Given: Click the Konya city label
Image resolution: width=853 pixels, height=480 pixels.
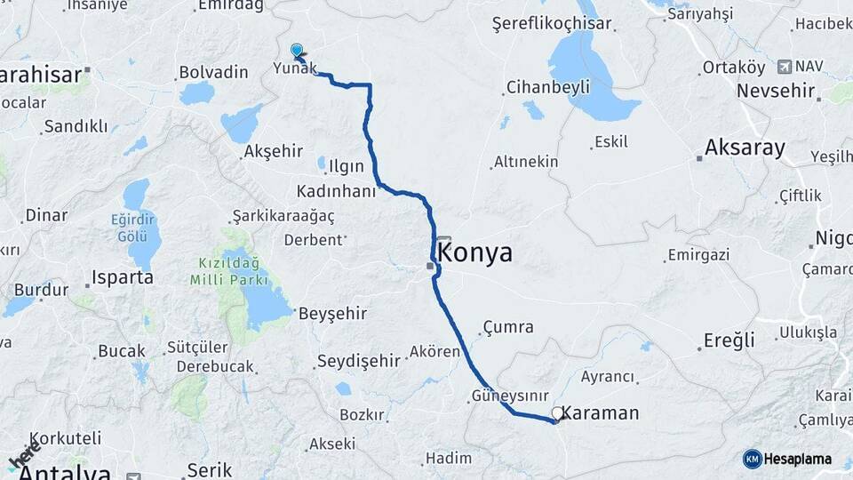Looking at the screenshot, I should pos(475,252).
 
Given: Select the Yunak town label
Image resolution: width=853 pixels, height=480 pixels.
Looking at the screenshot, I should pos(294,68).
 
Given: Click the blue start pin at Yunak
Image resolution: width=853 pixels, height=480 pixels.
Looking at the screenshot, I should pos(296,51).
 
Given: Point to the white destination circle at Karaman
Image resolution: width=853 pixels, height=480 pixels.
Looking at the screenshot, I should pos(557,412).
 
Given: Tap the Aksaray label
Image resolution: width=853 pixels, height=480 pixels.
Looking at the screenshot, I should pos(745,148).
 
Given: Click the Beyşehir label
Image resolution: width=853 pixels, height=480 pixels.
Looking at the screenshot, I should pos(332,313).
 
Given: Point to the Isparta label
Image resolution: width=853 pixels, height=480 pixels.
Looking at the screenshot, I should pos(123,277).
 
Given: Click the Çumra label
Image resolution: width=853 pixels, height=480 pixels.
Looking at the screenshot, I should pos(509,327).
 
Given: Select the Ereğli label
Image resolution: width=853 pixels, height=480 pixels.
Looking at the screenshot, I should pos(729,340).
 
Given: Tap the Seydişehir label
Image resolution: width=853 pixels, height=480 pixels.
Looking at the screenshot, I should pos(359,361).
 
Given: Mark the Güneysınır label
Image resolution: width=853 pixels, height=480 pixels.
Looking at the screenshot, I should pos(506,395).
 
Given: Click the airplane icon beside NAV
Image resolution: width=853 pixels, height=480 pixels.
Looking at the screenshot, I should pos(784,67).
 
